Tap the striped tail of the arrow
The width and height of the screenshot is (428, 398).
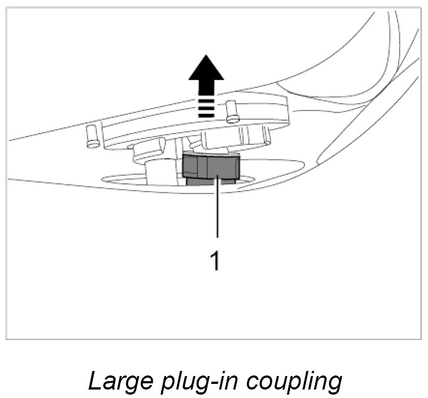(x=205, y=105)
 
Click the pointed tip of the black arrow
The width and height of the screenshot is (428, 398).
(x=205, y=56)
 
